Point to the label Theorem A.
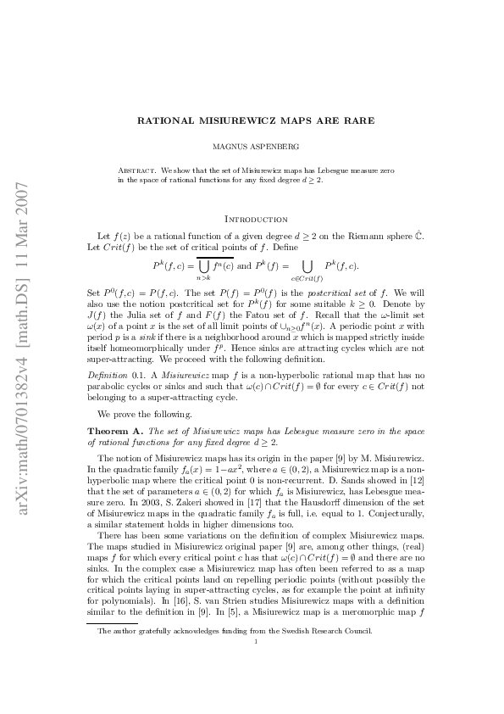pos(109,432)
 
